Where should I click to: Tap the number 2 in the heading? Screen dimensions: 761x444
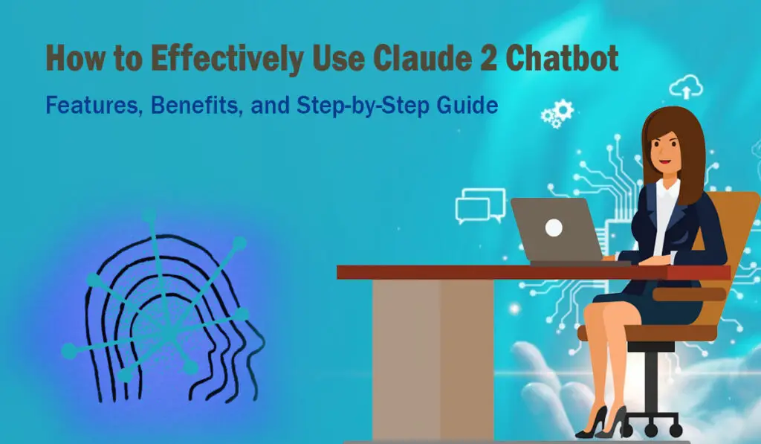click(489, 58)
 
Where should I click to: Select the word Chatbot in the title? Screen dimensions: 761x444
click(562, 58)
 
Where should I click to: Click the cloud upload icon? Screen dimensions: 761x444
click(686, 88)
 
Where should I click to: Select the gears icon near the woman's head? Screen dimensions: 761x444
click(557, 114)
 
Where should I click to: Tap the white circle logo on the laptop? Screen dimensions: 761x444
click(554, 228)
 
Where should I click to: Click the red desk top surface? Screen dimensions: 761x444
click(534, 272)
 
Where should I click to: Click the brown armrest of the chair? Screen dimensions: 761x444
click(689, 295)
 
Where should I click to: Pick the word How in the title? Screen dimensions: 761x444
click(75, 58)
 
